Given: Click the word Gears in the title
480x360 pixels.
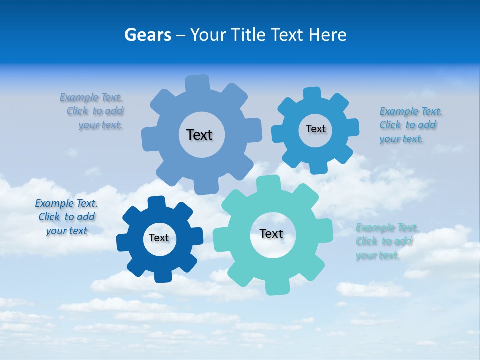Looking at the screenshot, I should coord(147,35).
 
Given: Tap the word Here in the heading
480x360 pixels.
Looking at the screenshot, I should coord(327,35).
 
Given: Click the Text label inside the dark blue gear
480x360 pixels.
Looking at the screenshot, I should coord(159,238).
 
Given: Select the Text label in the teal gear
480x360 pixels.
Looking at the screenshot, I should coord(271,234).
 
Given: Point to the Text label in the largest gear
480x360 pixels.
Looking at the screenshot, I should coord(199,135).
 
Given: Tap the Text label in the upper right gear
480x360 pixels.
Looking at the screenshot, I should coord(315,129).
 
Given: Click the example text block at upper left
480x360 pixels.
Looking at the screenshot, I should coord(93,111).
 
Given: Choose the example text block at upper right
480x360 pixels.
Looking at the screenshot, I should coord(410,125).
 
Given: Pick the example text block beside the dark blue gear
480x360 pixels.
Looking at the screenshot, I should coord(66,217).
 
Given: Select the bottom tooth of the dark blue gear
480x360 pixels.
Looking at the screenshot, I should coord(162,275).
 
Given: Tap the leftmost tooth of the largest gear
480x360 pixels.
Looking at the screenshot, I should coord(149,138).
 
